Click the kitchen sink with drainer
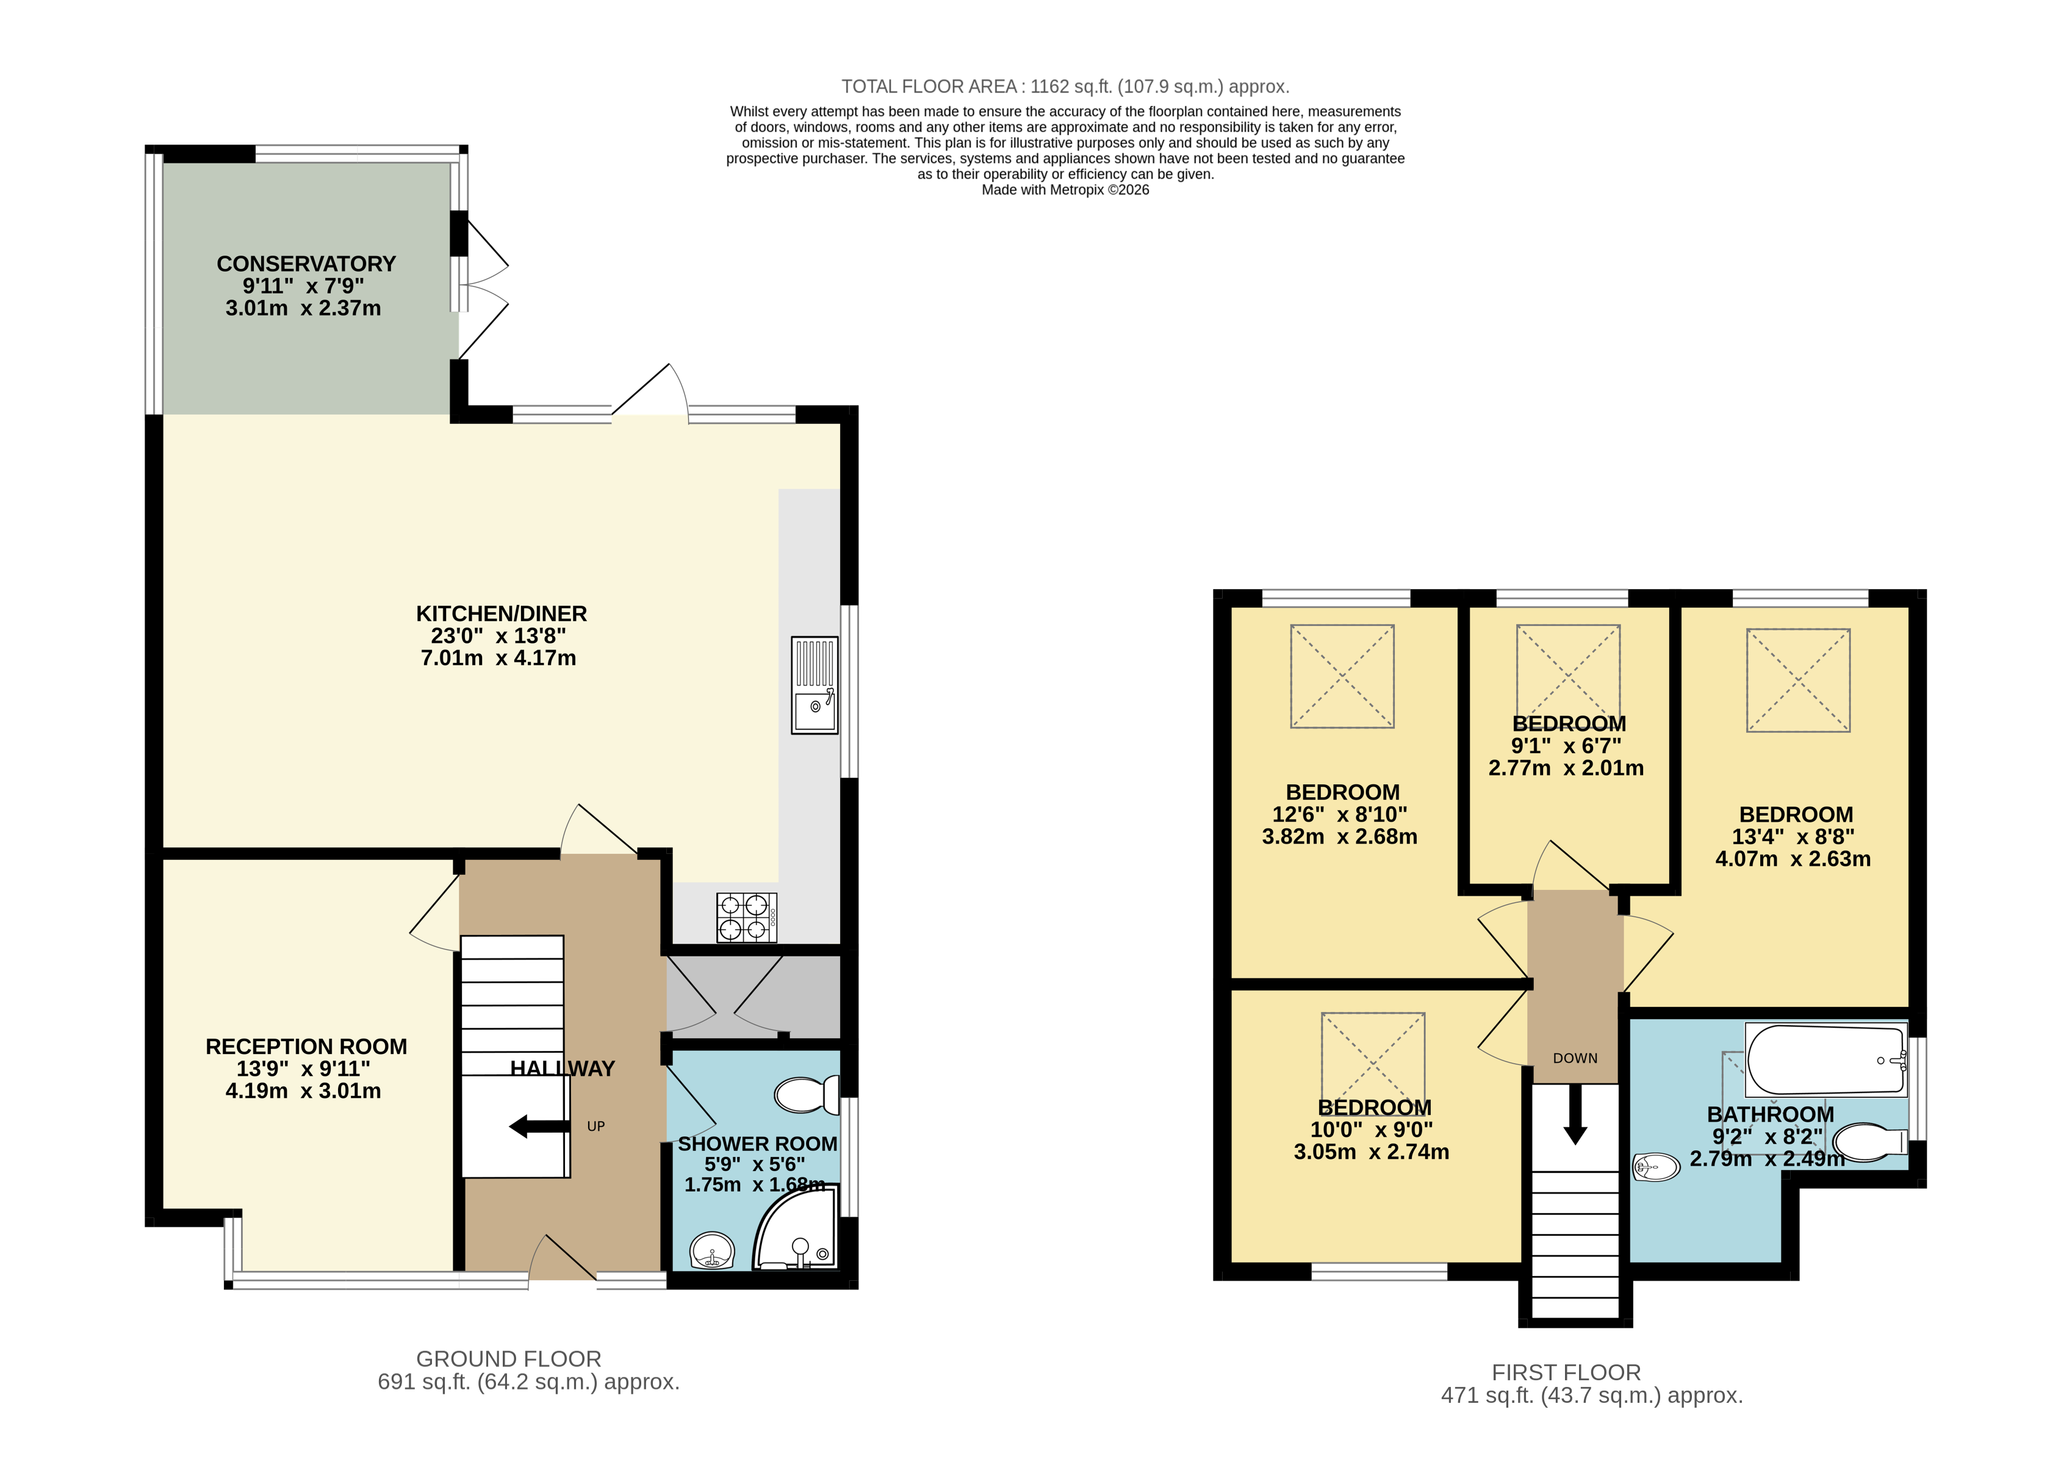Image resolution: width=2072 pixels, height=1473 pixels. [814, 685]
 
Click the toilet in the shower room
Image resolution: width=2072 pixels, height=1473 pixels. [805, 1095]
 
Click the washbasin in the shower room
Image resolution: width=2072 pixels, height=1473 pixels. [712, 1251]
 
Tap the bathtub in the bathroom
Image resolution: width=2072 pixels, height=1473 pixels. [1826, 1060]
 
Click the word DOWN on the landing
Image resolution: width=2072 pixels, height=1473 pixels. [1575, 1058]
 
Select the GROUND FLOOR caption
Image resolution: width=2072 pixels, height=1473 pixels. [508, 1359]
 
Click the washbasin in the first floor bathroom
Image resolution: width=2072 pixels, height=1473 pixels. [1657, 1166]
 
